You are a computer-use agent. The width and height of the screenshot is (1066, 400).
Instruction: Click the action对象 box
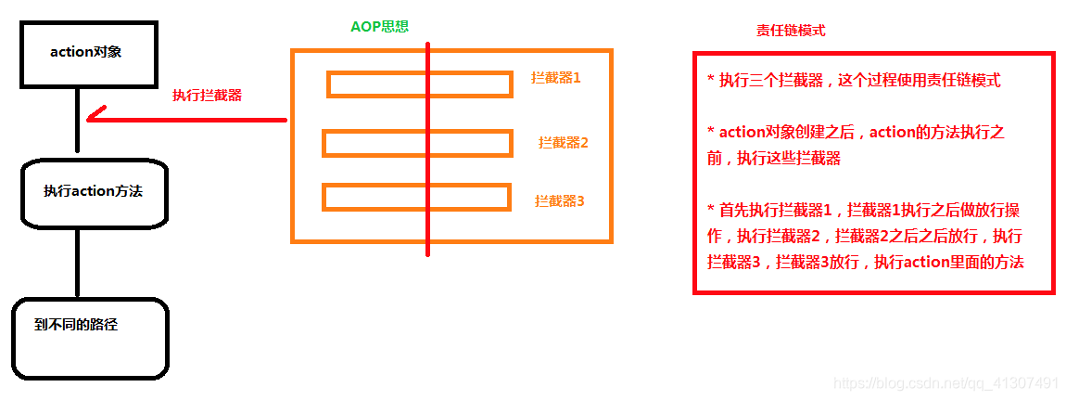pos(78,53)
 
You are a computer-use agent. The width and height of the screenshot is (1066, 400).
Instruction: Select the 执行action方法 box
pos(94,192)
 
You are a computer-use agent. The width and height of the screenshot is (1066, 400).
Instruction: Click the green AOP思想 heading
pos(379,27)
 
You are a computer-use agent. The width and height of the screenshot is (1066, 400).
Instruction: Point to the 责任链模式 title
pos(791,31)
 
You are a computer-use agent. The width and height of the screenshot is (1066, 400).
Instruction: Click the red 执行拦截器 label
pos(207,95)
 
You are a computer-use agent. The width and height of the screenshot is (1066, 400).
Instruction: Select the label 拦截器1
pos(556,78)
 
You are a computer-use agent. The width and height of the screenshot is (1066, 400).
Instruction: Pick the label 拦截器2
pos(564,142)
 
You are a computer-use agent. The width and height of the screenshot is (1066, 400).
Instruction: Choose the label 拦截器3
pos(560,200)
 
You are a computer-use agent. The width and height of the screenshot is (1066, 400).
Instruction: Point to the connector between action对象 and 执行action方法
pos(77,123)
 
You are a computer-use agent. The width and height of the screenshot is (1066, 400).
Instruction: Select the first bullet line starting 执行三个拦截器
pos(853,80)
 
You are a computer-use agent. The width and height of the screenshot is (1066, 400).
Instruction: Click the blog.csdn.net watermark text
pos(945,382)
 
